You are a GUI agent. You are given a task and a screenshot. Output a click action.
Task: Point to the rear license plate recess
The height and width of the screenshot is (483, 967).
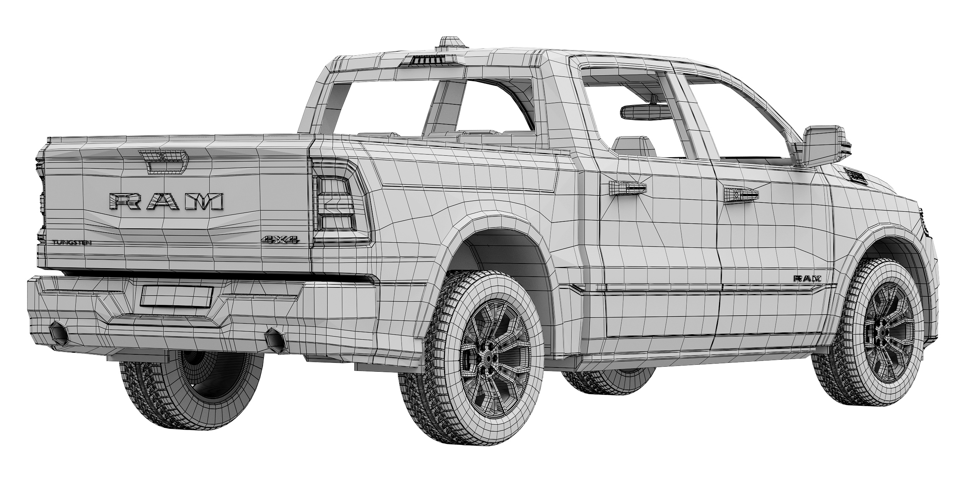coord(177,296)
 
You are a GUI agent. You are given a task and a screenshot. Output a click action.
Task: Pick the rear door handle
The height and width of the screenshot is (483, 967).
coord(627,187)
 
